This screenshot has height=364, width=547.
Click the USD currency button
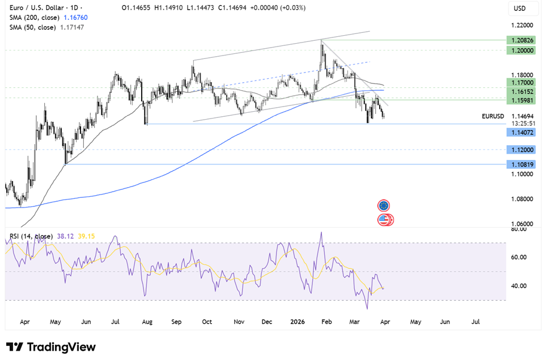(519, 9)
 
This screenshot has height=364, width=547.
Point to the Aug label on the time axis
(147, 321)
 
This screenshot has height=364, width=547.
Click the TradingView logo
(51, 347)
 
